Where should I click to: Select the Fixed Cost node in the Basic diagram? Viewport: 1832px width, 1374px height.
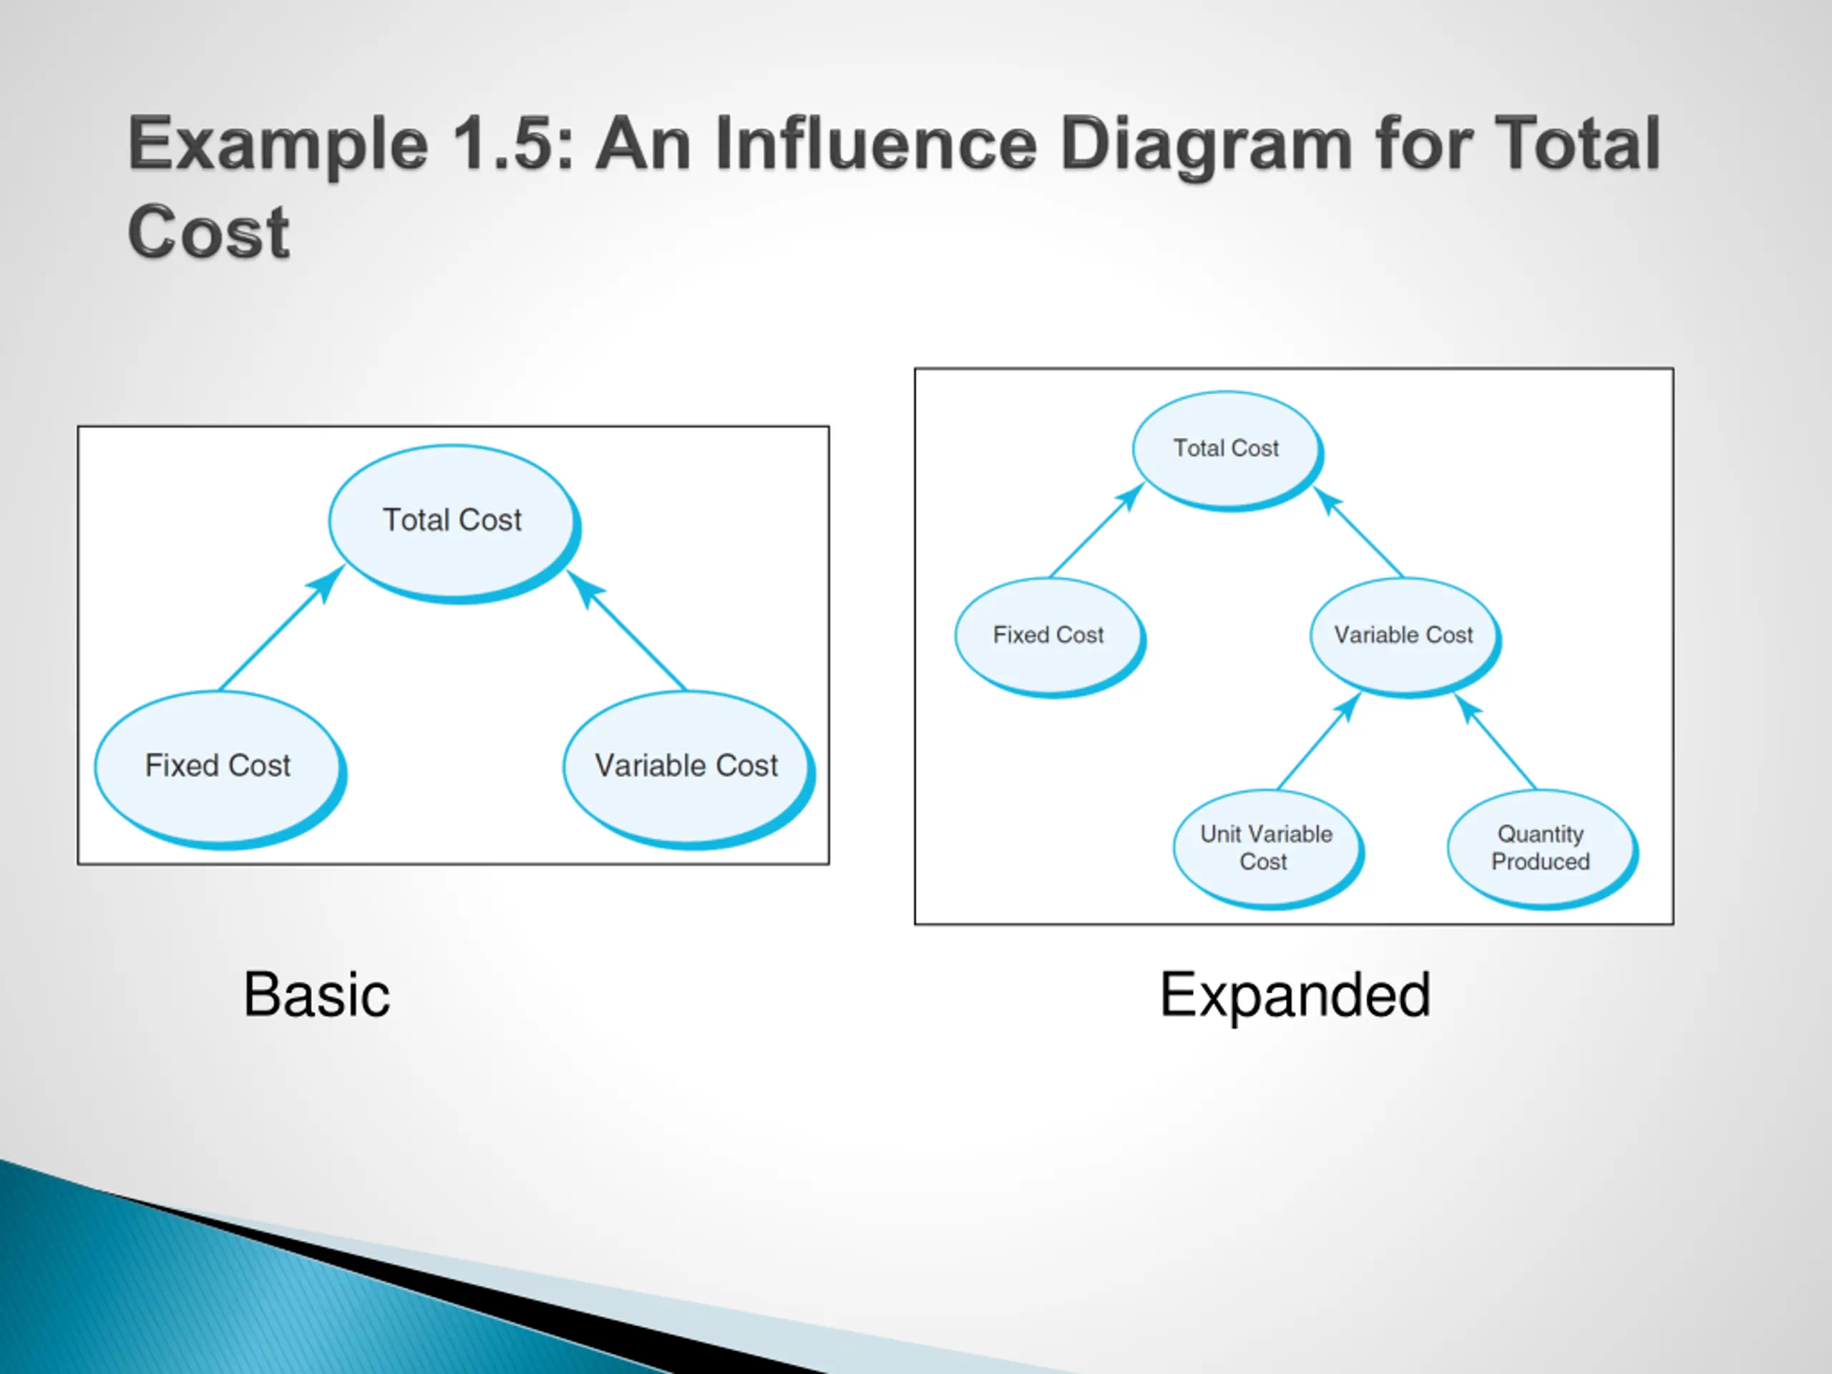coord(218,766)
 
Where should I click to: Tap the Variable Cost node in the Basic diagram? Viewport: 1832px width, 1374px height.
coord(686,766)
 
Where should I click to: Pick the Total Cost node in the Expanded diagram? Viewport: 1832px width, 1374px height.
coord(1226,449)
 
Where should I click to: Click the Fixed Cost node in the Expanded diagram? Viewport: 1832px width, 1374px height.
coord(1048,635)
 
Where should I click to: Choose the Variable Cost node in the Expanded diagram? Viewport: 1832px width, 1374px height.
coord(1404,635)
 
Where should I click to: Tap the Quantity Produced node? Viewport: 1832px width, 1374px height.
coord(1541,847)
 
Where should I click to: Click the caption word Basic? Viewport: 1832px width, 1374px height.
coord(316,995)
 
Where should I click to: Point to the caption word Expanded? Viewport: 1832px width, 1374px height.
coord(1295,995)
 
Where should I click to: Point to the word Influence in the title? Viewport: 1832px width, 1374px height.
coord(874,145)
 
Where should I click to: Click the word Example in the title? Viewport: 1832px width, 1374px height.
coord(278,145)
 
